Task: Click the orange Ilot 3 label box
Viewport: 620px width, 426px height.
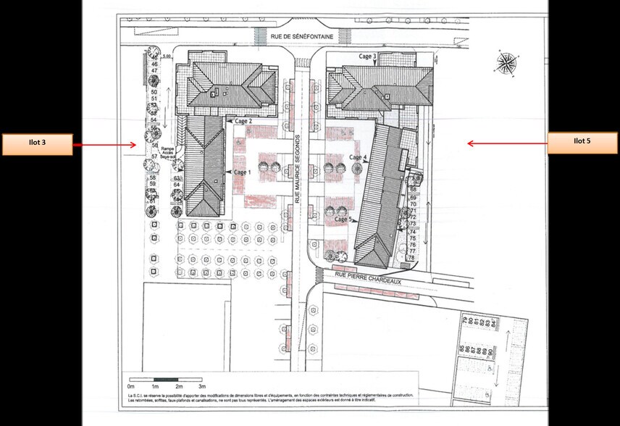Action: coord(36,144)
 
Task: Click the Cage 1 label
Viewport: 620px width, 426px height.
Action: coord(242,172)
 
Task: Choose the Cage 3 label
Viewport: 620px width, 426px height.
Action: coord(367,57)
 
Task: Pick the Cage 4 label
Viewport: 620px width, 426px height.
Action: coord(358,156)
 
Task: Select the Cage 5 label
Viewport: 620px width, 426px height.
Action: coord(343,219)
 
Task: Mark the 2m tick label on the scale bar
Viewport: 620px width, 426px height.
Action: coord(178,388)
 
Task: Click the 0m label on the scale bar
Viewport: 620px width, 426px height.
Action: coord(131,388)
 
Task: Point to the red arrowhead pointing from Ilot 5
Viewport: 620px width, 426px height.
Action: coord(470,143)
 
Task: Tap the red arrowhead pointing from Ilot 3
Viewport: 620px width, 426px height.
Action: coord(134,145)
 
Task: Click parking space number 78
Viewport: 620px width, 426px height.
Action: coord(411,258)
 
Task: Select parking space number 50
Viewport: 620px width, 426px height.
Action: coord(154,92)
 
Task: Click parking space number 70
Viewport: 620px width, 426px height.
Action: coord(413,204)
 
